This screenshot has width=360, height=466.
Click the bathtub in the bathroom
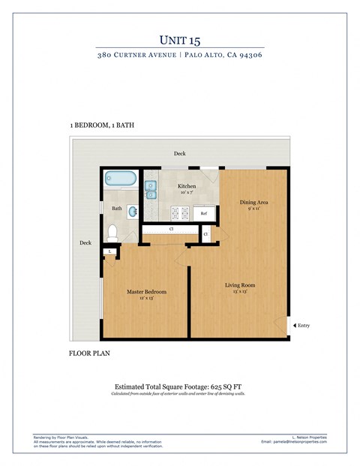(121, 179)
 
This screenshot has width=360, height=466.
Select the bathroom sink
(132, 211)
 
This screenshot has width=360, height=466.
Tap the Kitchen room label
(187, 186)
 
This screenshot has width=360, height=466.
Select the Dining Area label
(254, 202)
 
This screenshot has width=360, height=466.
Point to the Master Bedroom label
(146, 291)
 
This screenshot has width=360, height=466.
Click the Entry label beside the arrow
(304, 326)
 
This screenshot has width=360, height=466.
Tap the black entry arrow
(293, 326)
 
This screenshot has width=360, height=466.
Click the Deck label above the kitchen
(179, 153)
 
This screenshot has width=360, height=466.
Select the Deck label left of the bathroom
(85, 242)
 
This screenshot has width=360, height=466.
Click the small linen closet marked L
(110, 251)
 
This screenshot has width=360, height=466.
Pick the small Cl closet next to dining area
(205, 235)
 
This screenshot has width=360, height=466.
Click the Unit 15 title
(179, 39)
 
